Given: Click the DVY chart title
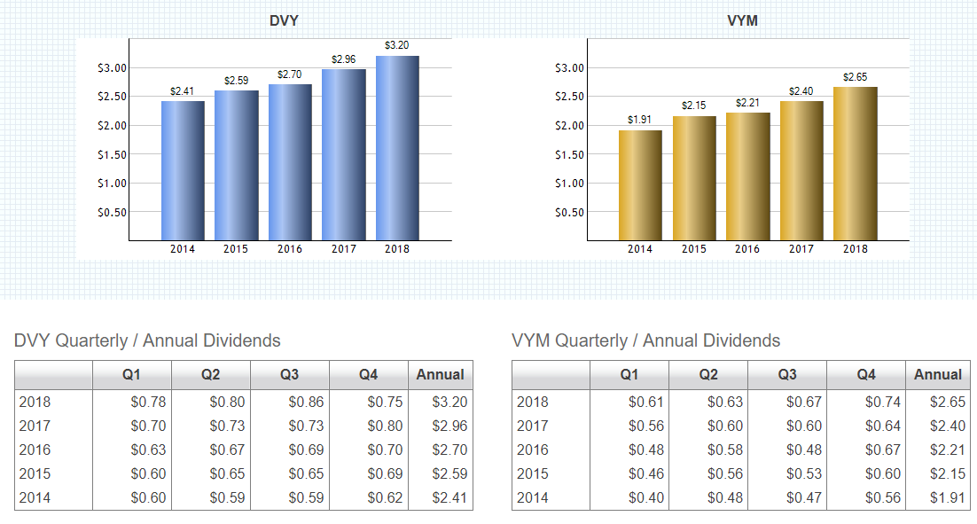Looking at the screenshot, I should pos(284,20).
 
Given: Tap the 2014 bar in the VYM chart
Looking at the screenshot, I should pos(640,185).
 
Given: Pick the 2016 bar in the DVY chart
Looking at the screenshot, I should pos(290,162).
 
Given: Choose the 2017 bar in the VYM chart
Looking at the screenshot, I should pos(801,170).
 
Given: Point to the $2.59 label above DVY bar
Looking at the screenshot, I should pos(236,81).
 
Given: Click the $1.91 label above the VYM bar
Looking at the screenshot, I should pos(640,120).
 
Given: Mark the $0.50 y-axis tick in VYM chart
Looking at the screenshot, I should pos(569,213).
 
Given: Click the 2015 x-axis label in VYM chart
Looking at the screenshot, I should pos(694,249).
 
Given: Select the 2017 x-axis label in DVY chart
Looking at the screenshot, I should pos(344,249).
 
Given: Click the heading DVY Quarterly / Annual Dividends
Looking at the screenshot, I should pos(147,340).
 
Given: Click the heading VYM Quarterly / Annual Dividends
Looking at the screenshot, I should pos(646,340).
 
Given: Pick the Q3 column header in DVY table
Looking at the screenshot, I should pos(289,375).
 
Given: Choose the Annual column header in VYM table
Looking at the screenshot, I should pos(938,375).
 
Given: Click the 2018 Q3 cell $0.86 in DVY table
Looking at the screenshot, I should pos(306,402).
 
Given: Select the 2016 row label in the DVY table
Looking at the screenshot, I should pos(35,450).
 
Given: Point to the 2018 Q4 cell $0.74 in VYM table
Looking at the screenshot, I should pos(882,402).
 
